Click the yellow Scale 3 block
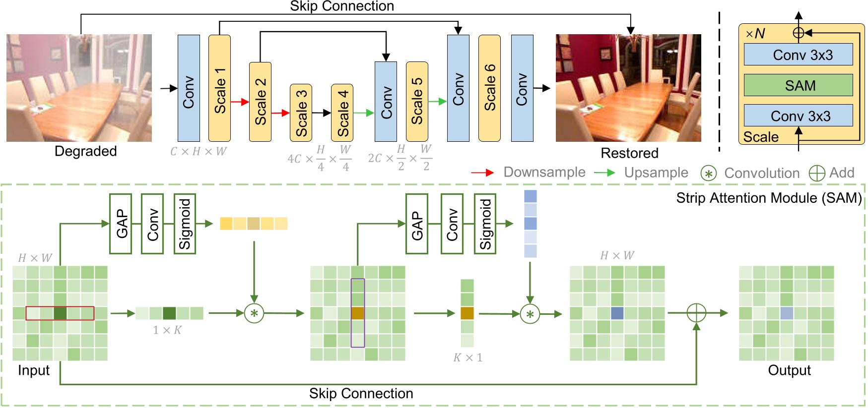(301, 113)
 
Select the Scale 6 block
(489, 88)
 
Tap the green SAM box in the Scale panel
(798, 85)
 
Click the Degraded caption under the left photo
(85, 151)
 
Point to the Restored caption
(629, 153)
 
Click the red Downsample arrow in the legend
(482, 173)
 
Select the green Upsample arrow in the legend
(604, 173)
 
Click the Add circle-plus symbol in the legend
(816, 173)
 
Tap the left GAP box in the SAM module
(121, 224)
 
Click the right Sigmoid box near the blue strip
(485, 224)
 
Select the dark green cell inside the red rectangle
(60, 313)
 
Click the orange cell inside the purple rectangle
(358, 313)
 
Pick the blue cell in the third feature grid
(617, 313)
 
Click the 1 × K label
(167, 330)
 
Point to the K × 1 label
(467, 357)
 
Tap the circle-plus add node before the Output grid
(696, 313)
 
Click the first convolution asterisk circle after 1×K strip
(254, 313)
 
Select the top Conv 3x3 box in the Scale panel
(798, 55)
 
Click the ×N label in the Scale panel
(755, 34)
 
